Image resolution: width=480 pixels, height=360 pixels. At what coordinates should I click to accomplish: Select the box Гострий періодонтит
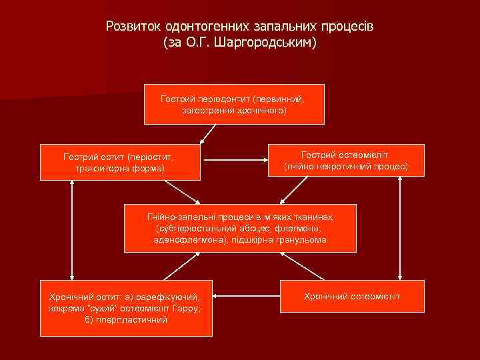point(234,105)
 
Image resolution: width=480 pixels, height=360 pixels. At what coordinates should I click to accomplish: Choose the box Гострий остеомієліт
point(345,159)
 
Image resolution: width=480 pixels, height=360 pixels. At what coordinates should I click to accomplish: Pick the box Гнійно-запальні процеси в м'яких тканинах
point(240,228)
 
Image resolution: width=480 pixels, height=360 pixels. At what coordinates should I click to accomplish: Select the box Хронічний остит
point(126,307)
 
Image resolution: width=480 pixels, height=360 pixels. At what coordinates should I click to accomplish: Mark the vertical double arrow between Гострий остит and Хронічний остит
point(71,230)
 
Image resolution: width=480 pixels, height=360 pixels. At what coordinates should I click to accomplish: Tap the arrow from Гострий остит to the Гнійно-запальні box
point(189,193)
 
